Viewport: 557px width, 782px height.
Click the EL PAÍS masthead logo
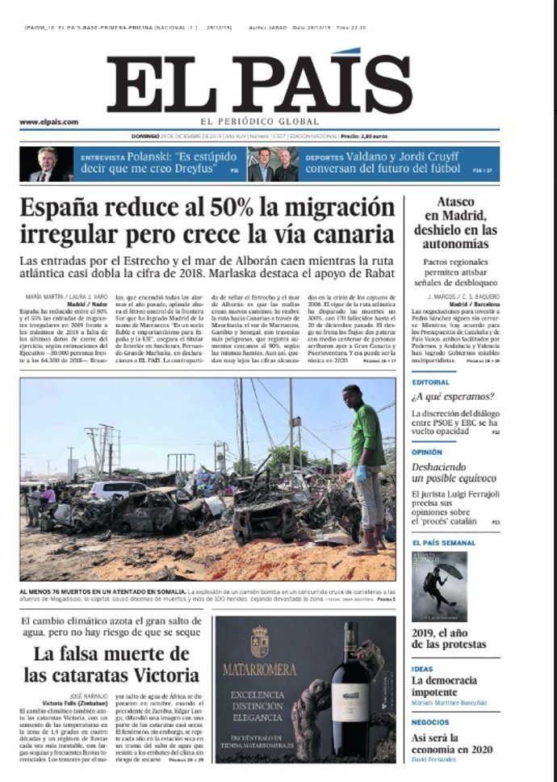[x=259, y=84]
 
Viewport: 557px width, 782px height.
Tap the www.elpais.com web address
[x=48, y=122]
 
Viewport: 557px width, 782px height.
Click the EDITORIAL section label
[x=430, y=382]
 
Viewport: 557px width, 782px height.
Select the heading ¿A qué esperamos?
[x=452, y=397]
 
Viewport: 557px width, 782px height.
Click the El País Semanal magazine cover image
[x=439, y=586]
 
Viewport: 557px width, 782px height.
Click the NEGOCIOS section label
[x=429, y=722]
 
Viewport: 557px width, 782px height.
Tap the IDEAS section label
[x=422, y=669]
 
